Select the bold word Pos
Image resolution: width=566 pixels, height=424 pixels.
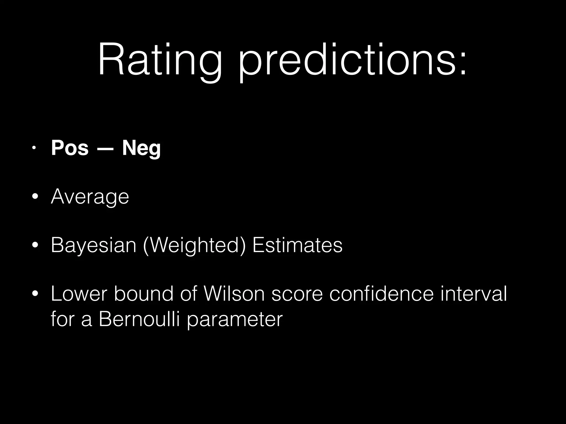[x=70, y=148]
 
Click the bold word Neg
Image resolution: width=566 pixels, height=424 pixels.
[x=141, y=149]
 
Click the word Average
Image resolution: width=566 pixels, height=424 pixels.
[x=90, y=197]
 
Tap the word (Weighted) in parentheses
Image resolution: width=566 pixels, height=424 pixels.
[x=194, y=245]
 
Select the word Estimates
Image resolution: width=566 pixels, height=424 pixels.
[x=297, y=245]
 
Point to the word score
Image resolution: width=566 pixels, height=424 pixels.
[x=297, y=294]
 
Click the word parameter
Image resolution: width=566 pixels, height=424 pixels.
[x=235, y=321]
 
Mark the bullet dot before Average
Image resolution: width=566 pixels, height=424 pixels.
[x=35, y=197]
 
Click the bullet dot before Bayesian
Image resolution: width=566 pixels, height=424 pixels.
[x=35, y=245]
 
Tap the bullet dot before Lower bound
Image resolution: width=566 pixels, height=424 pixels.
[x=35, y=294]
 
